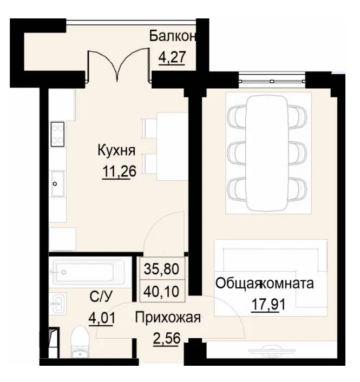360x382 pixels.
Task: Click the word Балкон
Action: point(172,36)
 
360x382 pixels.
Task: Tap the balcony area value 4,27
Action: point(172,56)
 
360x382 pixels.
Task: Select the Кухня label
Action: point(116,150)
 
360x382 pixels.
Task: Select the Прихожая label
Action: point(168,318)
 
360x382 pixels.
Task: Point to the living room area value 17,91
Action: point(268,304)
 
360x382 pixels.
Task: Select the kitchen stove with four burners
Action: point(57,134)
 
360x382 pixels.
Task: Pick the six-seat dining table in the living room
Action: point(268,152)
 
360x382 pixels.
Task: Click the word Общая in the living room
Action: point(238,283)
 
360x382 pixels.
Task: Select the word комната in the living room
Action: point(287,283)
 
